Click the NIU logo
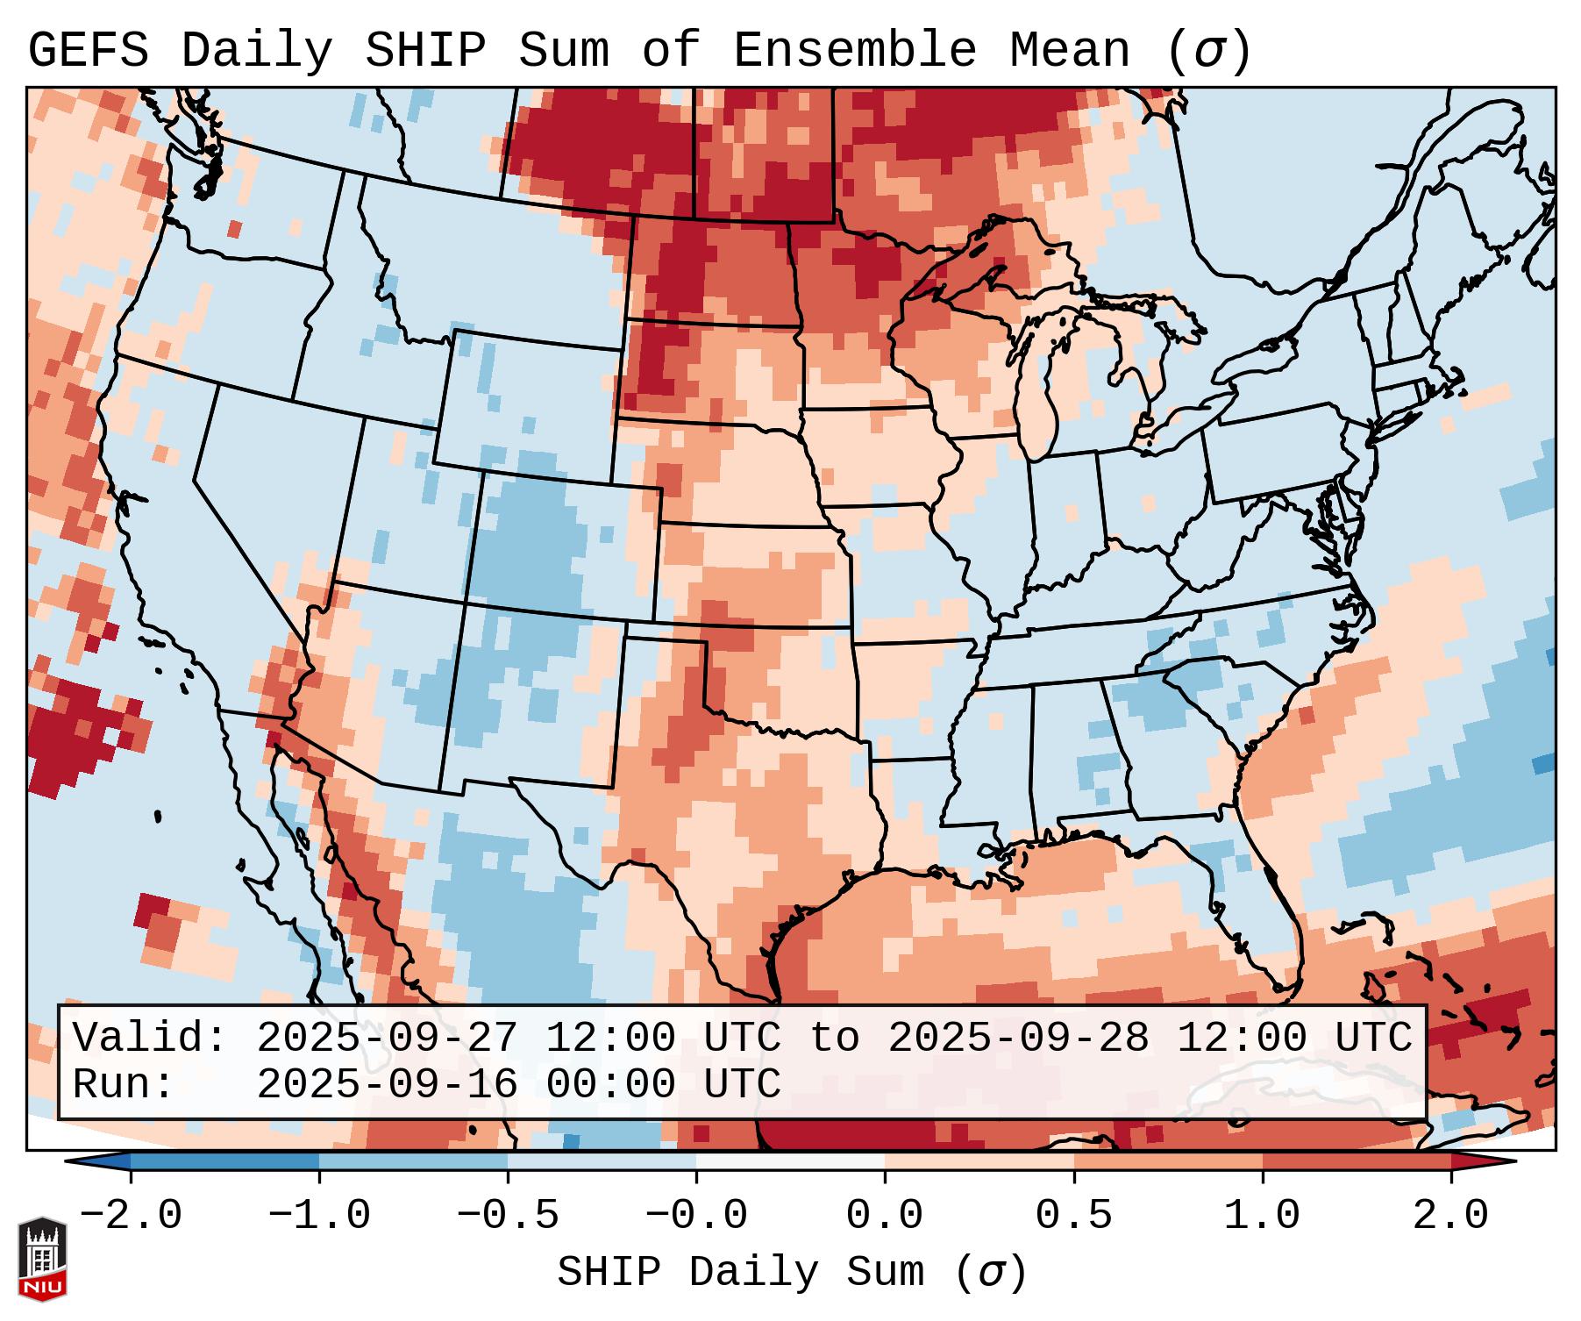[42, 1258]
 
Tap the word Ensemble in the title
[854, 51]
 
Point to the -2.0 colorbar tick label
[131, 1216]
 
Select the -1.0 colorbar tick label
[319, 1216]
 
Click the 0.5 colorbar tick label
[1073, 1216]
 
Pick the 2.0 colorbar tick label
[1450, 1216]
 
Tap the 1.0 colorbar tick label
[1262, 1216]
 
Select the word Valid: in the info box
[150, 1038]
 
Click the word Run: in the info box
[123, 1084]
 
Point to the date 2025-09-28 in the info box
[1018, 1038]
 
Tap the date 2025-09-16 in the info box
[387, 1084]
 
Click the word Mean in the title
[1069, 51]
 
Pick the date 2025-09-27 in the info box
[387, 1038]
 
